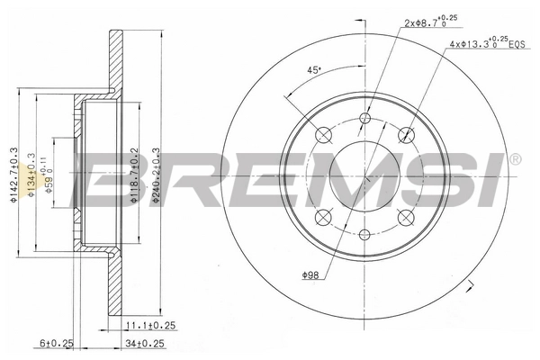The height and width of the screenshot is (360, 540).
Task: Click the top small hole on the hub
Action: [364, 119]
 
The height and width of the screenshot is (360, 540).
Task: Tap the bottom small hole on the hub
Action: [364, 234]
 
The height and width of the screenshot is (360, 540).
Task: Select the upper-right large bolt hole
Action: [406, 135]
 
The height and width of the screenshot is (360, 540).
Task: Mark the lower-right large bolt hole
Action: [406, 217]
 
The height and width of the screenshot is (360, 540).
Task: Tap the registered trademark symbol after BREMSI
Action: [514, 159]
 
